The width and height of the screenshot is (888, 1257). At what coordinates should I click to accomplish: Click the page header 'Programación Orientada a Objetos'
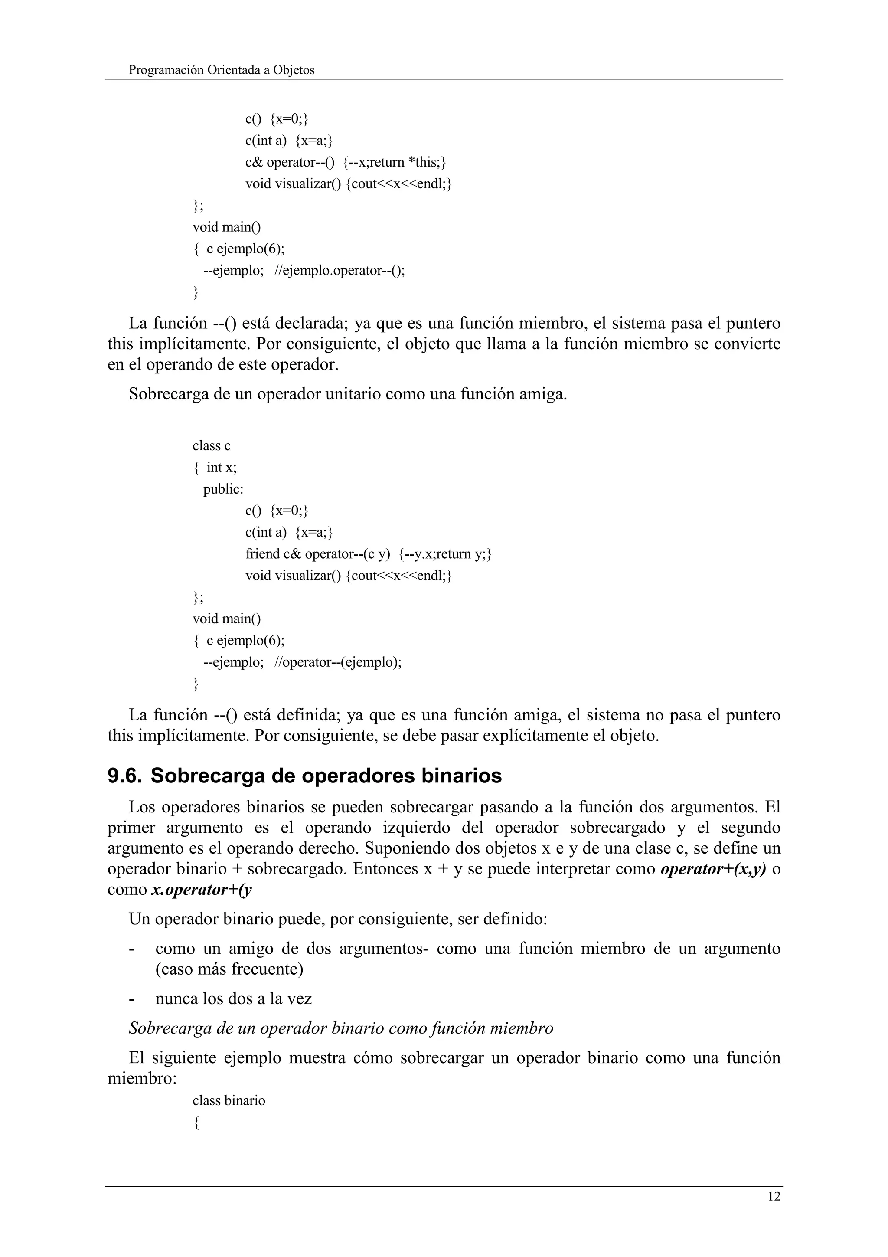(221, 70)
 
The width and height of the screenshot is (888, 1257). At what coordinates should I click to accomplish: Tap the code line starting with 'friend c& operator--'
(368, 553)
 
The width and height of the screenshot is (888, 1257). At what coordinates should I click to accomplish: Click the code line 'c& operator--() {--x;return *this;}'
(345, 162)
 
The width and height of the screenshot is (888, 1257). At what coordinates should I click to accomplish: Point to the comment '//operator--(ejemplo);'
(338, 662)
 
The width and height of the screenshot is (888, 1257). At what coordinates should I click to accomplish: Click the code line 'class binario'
(229, 1100)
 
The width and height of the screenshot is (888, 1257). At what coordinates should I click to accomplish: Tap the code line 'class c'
(211, 445)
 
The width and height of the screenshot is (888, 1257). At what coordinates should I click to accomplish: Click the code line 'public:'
(223, 489)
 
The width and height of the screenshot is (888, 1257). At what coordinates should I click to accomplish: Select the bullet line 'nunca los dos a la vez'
(234, 998)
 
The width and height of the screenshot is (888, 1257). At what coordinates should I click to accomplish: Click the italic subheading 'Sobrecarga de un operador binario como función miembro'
(340, 1028)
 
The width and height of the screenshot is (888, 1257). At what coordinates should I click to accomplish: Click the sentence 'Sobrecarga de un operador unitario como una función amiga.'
(347, 394)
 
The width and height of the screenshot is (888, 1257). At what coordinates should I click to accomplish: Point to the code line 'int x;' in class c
(222, 467)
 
